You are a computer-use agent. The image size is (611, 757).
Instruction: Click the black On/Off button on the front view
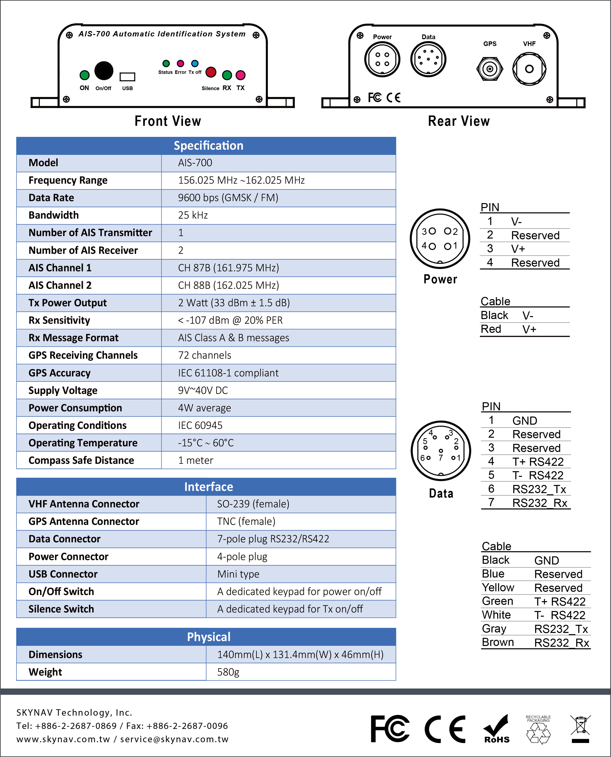(x=104, y=70)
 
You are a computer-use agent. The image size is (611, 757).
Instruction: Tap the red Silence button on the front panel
(x=211, y=72)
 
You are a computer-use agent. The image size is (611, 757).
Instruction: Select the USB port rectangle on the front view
(x=127, y=77)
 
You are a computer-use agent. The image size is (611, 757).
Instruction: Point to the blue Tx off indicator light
(x=195, y=64)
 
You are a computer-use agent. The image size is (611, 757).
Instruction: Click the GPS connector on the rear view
(x=489, y=69)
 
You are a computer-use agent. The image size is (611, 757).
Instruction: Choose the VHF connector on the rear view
(x=529, y=69)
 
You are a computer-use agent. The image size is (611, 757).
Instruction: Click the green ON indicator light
(x=84, y=75)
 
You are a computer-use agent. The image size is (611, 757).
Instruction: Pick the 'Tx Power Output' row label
(x=68, y=303)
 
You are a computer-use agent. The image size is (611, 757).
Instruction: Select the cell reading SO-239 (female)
(x=253, y=504)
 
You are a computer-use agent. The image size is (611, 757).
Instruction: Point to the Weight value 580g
(x=228, y=672)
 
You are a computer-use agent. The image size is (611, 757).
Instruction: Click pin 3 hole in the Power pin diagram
(x=433, y=231)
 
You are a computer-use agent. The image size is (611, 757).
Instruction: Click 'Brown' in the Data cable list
(x=498, y=642)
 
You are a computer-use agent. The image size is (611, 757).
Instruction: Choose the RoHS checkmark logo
(x=497, y=728)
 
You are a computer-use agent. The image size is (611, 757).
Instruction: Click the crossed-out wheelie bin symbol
(x=580, y=728)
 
